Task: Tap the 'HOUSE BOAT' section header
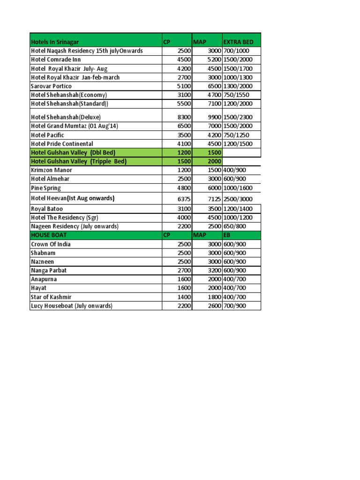coord(49,235)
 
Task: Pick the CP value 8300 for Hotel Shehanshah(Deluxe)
coord(184,117)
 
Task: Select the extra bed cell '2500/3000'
coord(238,199)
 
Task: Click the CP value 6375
coord(184,199)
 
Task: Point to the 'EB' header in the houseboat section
coord(227,235)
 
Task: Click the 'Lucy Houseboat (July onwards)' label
coord(72,306)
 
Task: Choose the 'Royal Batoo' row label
coord(47,209)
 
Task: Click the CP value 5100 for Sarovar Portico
coord(184,86)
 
